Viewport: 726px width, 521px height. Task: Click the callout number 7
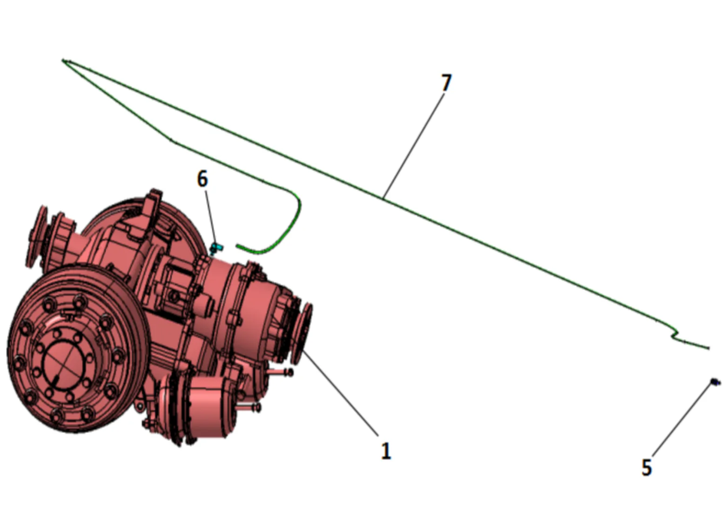tap(446, 83)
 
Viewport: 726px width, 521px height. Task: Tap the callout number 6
tap(202, 179)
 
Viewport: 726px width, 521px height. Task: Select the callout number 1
tap(386, 451)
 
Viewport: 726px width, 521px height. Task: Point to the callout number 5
tap(646, 467)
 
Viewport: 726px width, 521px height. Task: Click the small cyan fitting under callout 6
tap(215, 247)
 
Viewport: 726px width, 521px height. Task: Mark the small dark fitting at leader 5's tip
tap(715, 382)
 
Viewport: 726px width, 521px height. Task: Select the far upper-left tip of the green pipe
tap(64, 61)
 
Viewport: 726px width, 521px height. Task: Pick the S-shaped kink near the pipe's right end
tap(675, 334)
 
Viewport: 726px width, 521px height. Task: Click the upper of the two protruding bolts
tap(282, 372)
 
